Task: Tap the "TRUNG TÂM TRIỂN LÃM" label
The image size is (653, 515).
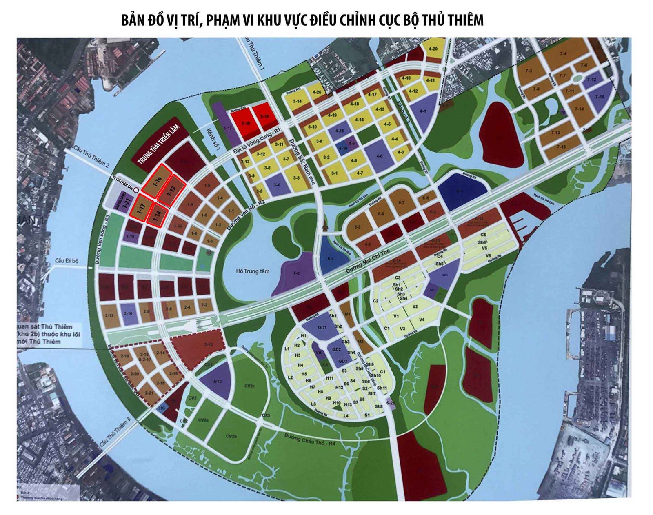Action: click(x=158, y=144)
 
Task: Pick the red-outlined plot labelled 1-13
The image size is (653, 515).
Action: click(x=171, y=190)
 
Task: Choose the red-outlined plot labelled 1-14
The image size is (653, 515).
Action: click(x=157, y=215)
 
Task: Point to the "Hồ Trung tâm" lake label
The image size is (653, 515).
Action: click(x=253, y=271)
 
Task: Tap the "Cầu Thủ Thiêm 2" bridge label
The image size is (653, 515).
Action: click(x=91, y=156)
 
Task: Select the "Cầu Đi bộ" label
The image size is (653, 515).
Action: click(x=67, y=260)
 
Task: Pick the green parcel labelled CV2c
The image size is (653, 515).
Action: click(x=249, y=385)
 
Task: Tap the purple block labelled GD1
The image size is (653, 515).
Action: click(x=322, y=328)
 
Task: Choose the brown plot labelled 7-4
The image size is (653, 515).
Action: click(x=563, y=53)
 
